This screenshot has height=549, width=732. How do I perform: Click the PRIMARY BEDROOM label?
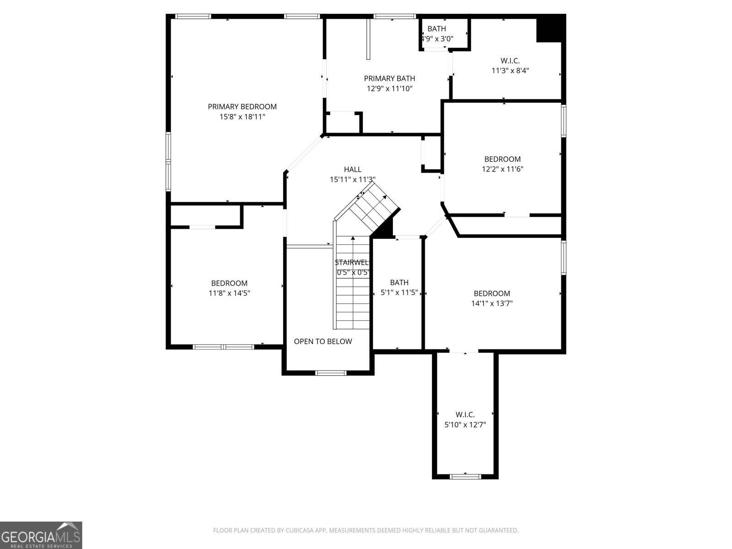[x=242, y=107]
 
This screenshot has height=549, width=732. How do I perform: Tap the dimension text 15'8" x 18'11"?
[x=242, y=117]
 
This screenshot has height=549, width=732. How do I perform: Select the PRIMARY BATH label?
[x=389, y=79]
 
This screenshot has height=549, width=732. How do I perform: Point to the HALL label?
[x=352, y=169]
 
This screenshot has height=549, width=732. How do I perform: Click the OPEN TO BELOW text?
[x=323, y=341]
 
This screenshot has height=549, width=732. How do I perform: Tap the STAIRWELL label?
[x=351, y=263]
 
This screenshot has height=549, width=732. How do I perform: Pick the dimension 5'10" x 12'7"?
[x=465, y=425]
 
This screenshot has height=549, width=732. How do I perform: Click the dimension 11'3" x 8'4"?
[x=510, y=70]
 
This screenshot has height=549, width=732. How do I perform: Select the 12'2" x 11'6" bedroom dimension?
[x=502, y=169]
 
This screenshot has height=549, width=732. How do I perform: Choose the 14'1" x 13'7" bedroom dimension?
[x=492, y=303]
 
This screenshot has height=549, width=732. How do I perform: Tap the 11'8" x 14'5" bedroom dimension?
[x=229, y=293]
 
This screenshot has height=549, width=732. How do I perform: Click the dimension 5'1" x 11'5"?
[x=399, y=293]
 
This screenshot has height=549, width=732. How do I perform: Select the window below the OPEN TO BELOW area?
[x=332, y=373]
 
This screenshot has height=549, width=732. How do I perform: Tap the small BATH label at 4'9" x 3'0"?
[x=436, y=29]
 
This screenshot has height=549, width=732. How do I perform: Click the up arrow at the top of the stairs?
[x=353, y=238]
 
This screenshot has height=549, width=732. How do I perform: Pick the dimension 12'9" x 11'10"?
[x=389, y=89]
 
